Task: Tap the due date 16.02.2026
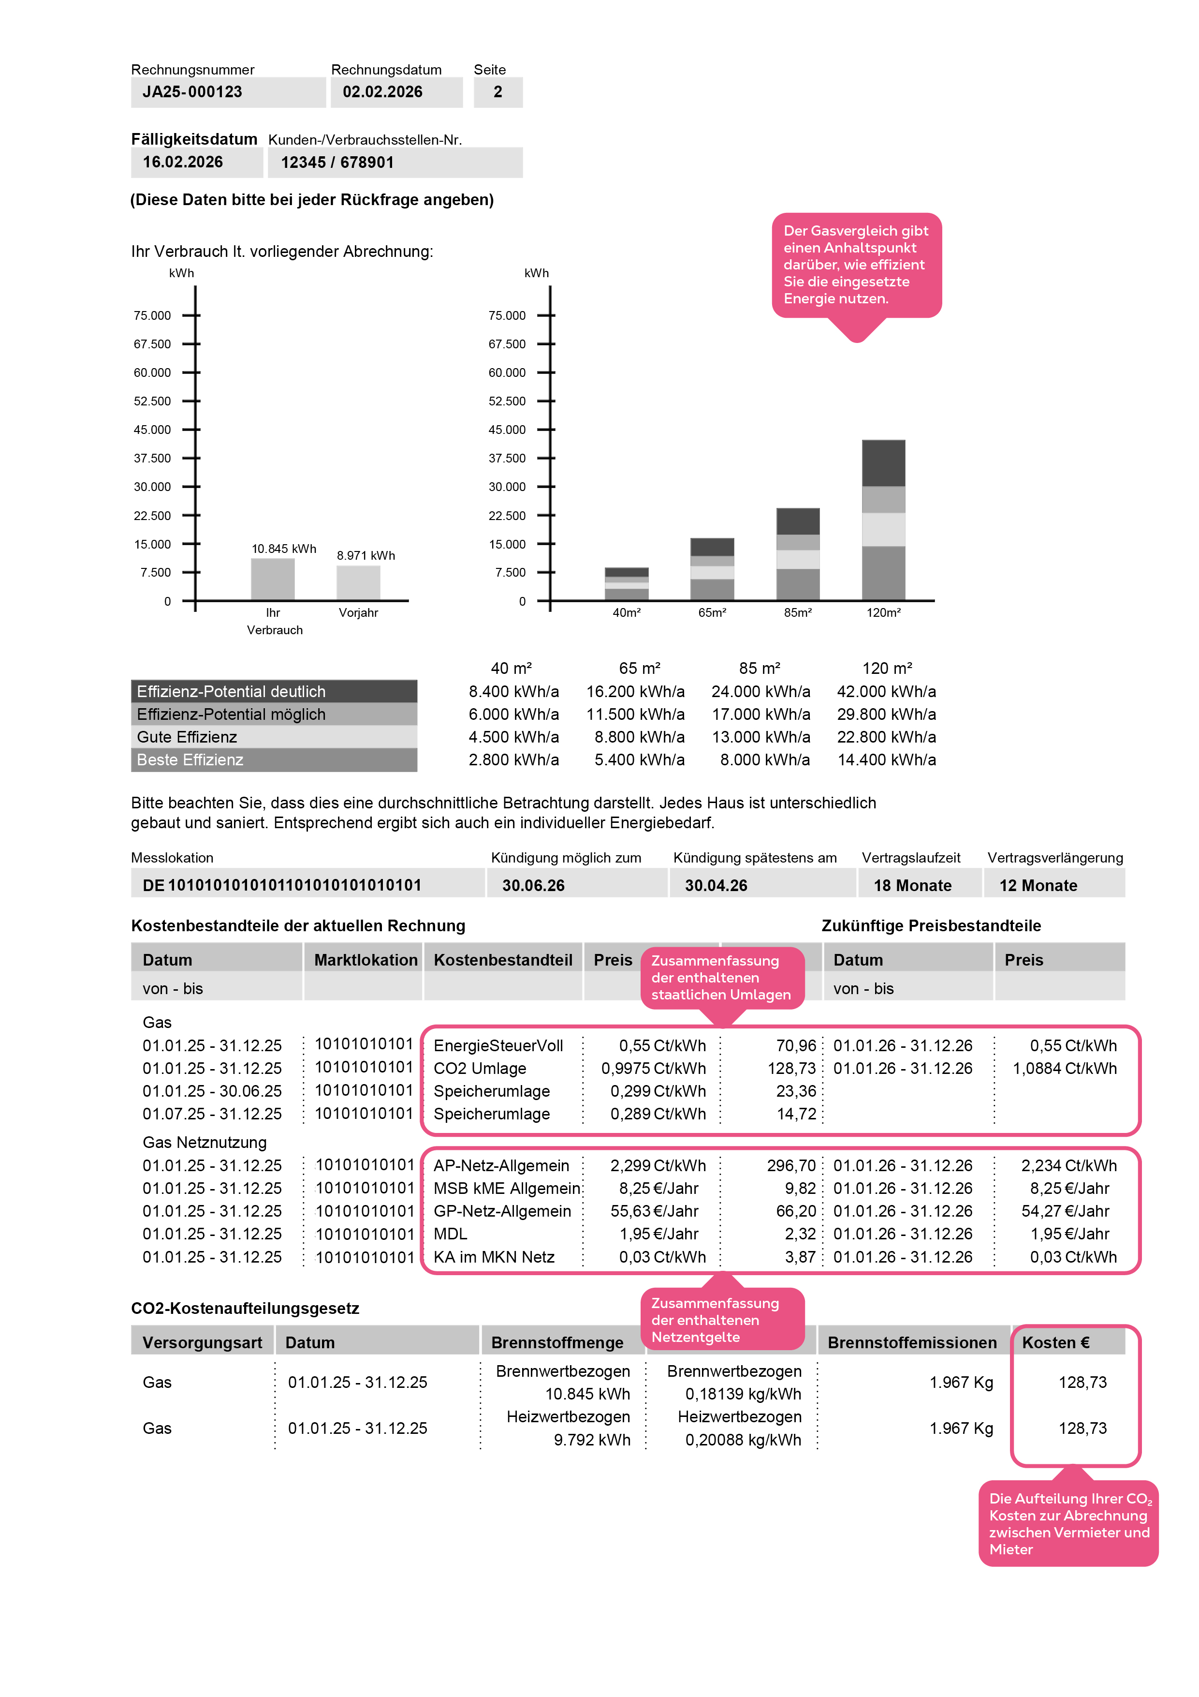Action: coord(182,163)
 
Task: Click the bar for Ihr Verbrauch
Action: coord(273,580)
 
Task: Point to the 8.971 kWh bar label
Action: coord(366,556)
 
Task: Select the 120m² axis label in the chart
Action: coord(884,613)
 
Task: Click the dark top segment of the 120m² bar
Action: coord(884,463)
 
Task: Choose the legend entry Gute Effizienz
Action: coord(188,737)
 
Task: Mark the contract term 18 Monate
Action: coord(912,885)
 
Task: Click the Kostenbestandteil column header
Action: coord(502,960)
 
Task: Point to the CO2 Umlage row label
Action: coord(480,1069)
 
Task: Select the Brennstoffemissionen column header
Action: coord(912,1343)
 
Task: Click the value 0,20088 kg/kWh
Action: coord(743,1441)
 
